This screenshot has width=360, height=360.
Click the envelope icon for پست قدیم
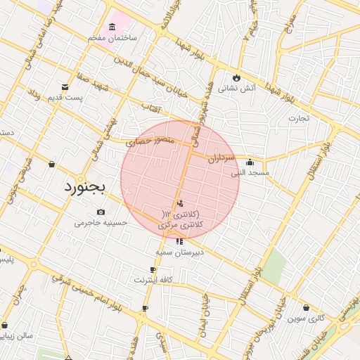pos(65,87)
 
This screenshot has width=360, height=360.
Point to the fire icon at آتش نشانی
pos(237,78)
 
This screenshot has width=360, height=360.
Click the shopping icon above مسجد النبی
pos(250,162)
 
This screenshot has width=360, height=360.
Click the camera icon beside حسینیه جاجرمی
pos(101,212)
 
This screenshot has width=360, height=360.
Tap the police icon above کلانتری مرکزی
pos(181,204)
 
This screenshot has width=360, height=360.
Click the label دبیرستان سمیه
pos(180,251)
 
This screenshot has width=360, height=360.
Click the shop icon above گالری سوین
pos(306,307)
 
